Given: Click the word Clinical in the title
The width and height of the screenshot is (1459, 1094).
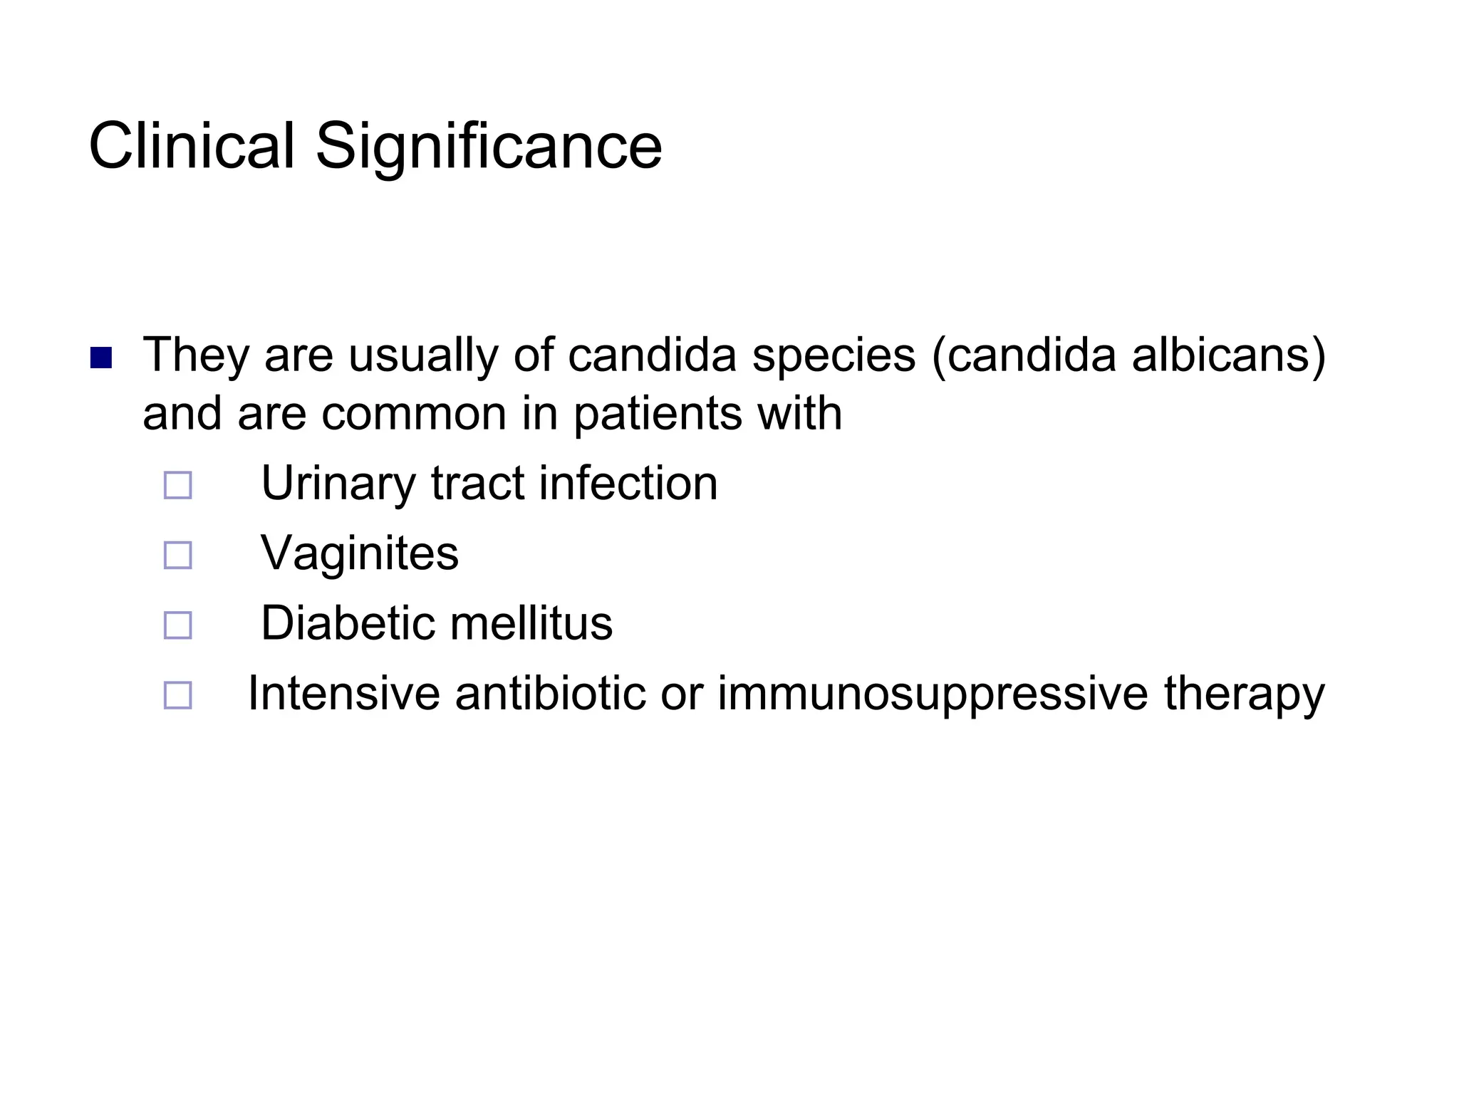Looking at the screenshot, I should tap(191, 146).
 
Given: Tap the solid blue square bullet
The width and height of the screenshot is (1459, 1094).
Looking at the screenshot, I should tap(101, 358).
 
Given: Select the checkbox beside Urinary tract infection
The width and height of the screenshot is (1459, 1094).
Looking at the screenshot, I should tap(177, 485).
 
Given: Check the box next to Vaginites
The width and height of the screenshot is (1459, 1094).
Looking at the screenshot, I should tap(177, 555).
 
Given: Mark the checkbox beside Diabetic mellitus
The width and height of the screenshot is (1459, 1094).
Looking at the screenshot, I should tap(177, 625).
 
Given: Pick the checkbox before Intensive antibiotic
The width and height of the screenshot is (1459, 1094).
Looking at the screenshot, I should tap(177, 694).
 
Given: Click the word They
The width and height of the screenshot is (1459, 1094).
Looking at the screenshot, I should tap(195, 355).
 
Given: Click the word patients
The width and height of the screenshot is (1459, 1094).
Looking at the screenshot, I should tap(657, 414).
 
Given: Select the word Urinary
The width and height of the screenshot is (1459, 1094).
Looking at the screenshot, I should tap(338, 484).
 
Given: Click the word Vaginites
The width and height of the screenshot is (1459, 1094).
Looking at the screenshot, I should tap(360, 553).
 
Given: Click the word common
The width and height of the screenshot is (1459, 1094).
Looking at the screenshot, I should tap(413, 414).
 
